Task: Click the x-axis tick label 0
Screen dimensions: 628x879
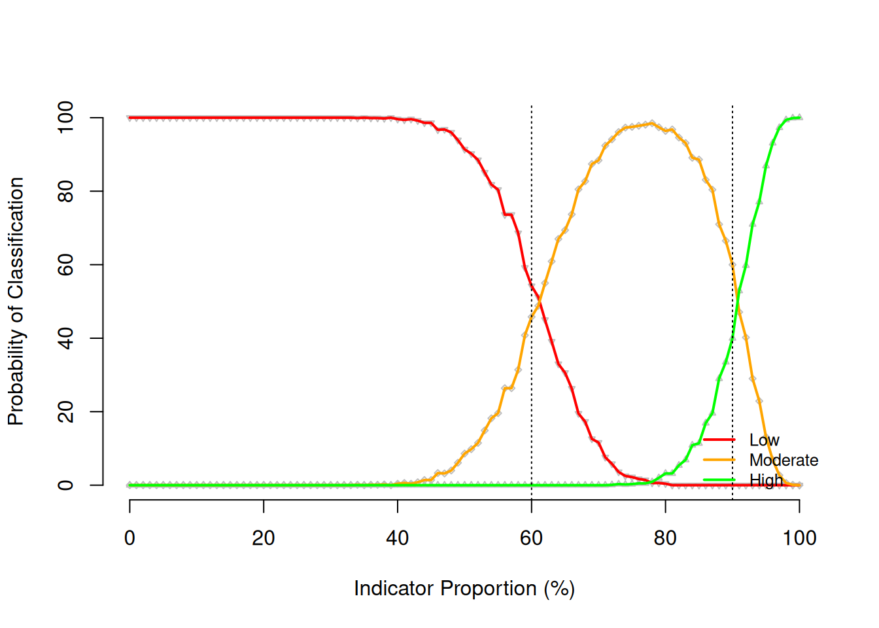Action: [129, 538]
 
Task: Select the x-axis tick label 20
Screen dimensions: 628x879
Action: [264, 538]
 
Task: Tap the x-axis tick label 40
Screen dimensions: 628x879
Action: [398, 538]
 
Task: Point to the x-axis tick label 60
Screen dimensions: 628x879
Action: [531, 538]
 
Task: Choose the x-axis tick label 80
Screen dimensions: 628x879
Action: [665, 538]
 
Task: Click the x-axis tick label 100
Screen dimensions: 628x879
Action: [799, 538]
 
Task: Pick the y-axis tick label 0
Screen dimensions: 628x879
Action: [65, 485]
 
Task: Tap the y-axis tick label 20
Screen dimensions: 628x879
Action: [65, 412]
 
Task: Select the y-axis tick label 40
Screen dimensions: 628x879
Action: [65, 338]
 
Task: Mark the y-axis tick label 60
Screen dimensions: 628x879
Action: [65, 265]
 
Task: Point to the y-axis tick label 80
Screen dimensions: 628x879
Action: [65, 191]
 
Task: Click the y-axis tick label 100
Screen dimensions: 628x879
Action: [65, 118]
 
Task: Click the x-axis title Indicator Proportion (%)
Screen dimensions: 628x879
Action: [464, 589]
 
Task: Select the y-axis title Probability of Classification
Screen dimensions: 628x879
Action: [16, 301]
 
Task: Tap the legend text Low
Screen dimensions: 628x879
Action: [764, 440]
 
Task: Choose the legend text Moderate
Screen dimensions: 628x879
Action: [784, 461]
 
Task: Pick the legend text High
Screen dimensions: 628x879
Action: [766, 481]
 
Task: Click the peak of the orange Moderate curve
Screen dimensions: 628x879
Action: [651, 123]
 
